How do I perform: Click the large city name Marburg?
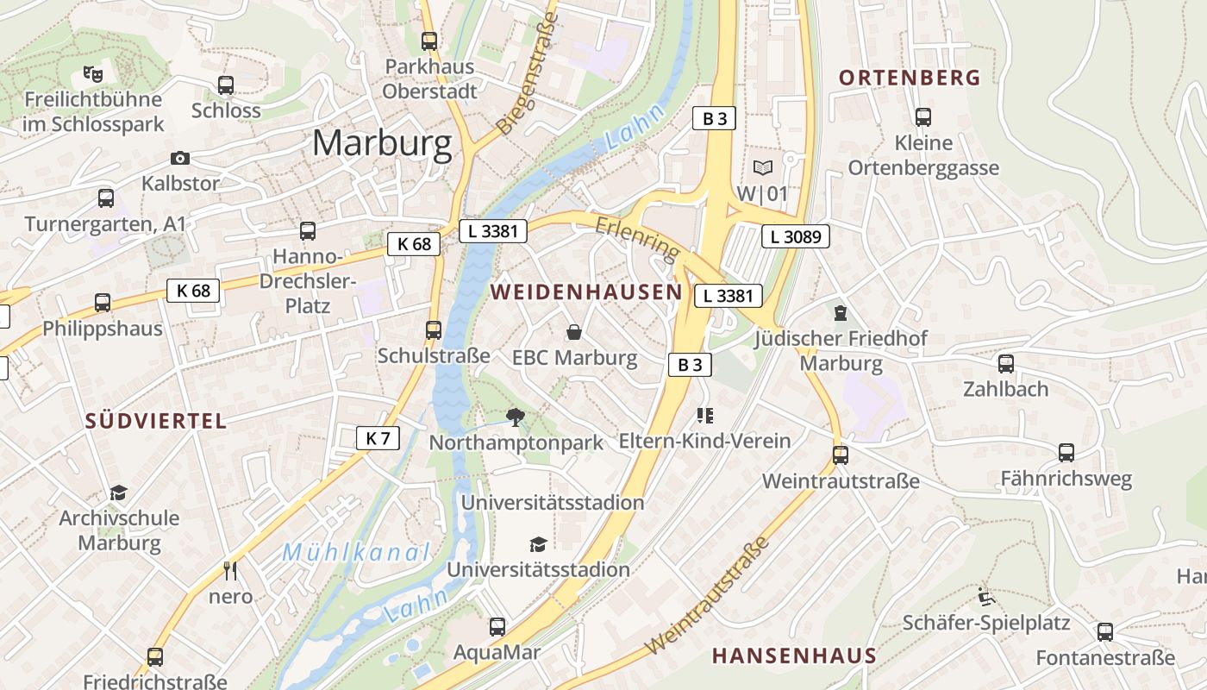point(382,143)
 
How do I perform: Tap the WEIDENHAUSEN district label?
point(586,292)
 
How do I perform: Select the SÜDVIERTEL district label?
point(156,421)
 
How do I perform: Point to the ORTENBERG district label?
point(910,78)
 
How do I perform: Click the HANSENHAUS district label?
point(794,655)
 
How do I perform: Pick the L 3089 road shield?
point(795,235)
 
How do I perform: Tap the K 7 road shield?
point(378,438)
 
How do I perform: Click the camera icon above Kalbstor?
point(180,158)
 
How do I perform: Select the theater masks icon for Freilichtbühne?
point(93,74)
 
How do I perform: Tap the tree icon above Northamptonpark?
point(516,418)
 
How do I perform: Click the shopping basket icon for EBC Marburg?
point(574,332)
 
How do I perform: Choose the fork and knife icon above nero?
point(230,570)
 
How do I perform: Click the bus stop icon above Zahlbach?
point(1006,364)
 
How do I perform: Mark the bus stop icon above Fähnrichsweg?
point(1066,453)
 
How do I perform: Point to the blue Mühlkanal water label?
point(356,552)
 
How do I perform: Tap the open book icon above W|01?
point(762,168)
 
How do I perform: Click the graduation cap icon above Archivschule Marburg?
point(118,492)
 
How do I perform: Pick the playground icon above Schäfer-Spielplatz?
point(985,597)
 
